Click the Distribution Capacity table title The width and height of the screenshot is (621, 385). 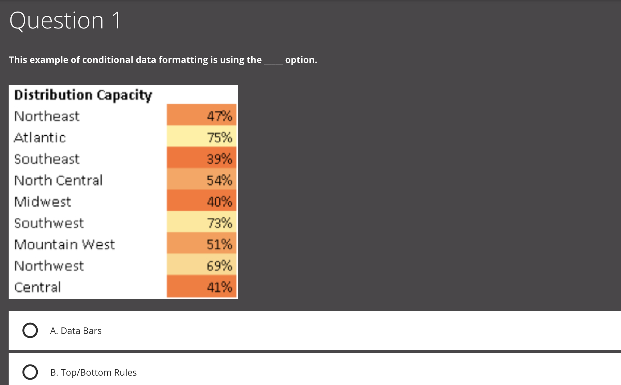pos(83,95)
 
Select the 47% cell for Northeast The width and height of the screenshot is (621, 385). pos(202,116)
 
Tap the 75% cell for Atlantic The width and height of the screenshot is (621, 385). pos(202,137)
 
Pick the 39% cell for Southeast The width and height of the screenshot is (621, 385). pos(202,159)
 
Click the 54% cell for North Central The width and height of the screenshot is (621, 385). pos(202,180)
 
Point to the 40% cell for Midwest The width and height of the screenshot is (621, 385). pos(202,201)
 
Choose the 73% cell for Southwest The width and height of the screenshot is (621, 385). pos(202,223)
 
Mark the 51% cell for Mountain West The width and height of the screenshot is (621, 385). pos(202,244)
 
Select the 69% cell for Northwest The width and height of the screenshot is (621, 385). pos(202,266)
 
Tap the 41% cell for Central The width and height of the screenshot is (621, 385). pos(202,287)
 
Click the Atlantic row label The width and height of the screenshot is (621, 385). pos(40,137)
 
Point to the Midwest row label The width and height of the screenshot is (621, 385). pos(43,201)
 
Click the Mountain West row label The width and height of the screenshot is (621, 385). pos(65,244)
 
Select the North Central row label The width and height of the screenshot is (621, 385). pos(59,180)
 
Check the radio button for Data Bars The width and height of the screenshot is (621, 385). pos(30,330)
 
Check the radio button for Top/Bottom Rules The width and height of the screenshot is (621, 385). pos(30,372)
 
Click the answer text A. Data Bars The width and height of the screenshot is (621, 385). pos(76,331)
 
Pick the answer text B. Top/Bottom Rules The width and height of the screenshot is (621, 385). pos(93,372)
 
